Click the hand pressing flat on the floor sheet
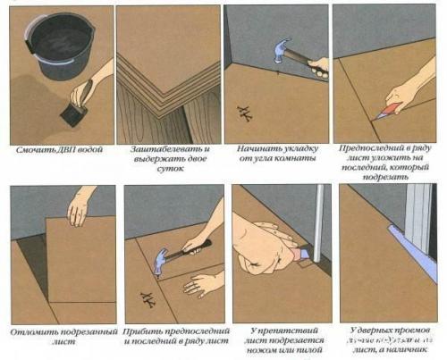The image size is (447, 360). (x=200, y=284)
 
